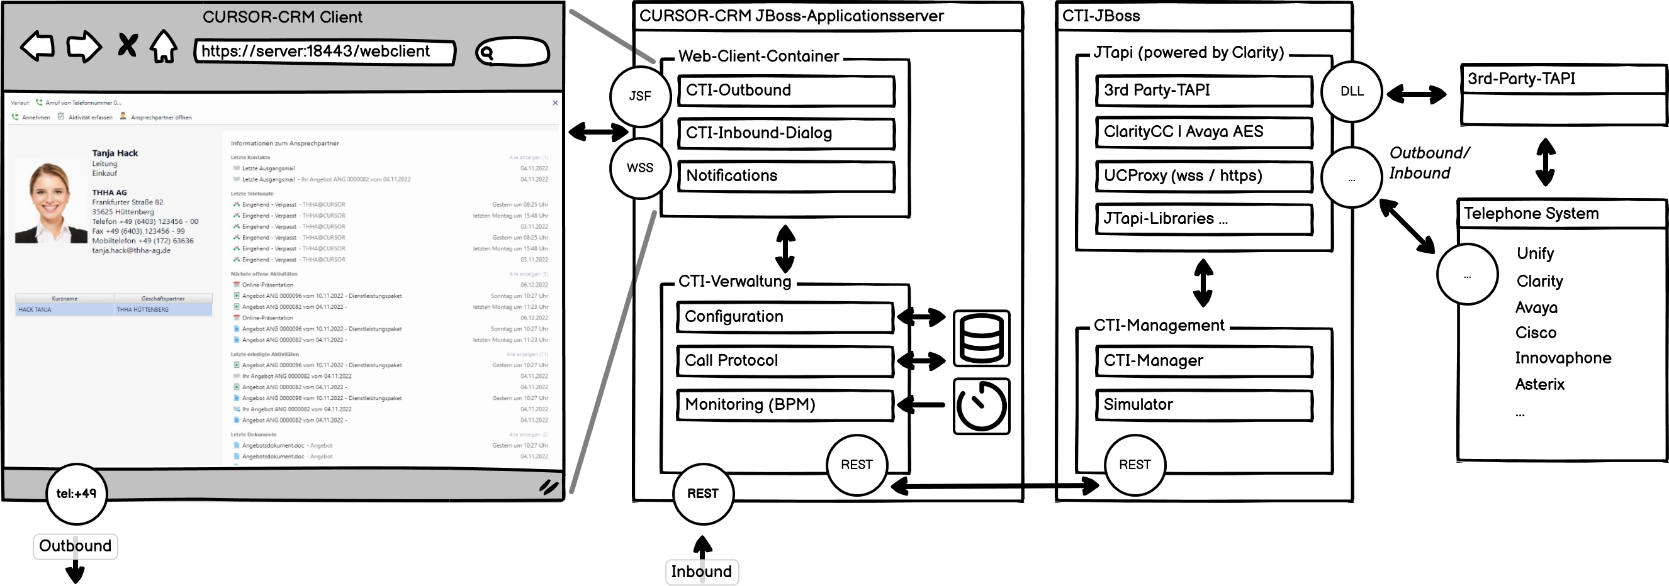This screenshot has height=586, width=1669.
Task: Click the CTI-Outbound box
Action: [x=786, y=91]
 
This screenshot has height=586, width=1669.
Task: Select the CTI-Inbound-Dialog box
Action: [x=786, y=133]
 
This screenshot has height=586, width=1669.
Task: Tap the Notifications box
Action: [x=786, y=176]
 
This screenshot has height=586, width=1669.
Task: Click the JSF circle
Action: [x=640, y=96]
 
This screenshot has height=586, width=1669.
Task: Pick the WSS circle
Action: [x=640, y=168]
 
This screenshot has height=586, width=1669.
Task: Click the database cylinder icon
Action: [x=982, y=339]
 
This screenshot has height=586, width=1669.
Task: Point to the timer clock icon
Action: [x=982, y=406]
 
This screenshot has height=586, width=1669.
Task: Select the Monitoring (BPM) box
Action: [x=785, y=405]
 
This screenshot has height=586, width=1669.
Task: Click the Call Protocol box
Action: [x=785, y=361]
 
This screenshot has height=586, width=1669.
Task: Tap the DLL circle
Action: [x=1352, y=91]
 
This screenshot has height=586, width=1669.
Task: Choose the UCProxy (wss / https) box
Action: [x=1204, y=176]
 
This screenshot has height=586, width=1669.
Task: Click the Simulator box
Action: [x=1204, y=405]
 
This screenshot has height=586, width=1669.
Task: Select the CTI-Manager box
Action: [x=1204, y=361]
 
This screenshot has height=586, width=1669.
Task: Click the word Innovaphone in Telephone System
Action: [x=1563, y=358]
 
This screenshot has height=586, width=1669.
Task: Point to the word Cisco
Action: [x=1536, y=333]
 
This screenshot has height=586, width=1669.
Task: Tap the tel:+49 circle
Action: [x=76, y=494]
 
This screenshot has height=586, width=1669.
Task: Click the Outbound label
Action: [x=75, y=546]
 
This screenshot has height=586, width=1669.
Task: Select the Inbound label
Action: [x=702, y=572]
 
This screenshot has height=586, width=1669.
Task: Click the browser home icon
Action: [x=164, y=47]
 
